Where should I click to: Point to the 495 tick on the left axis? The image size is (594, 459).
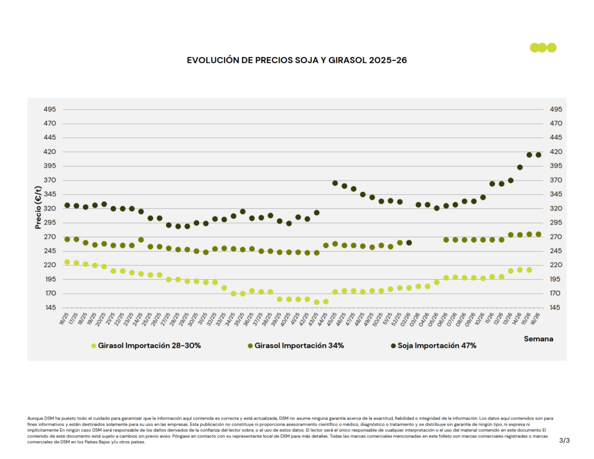click(49, 109)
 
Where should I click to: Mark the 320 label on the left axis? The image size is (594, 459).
click(49, 208)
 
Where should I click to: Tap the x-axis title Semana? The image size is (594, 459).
click(538, 338)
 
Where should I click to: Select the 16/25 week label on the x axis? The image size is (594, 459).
click(64, 319)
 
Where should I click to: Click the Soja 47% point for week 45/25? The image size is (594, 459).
click(335, 183)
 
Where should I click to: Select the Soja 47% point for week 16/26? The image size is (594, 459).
click(538, 155)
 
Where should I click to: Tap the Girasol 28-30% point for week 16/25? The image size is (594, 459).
click(67, 262)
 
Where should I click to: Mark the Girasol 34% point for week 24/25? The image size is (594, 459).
click(141, 240)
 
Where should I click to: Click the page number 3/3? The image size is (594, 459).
click(564, 441)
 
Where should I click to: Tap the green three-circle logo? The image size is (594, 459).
click(543, 48)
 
